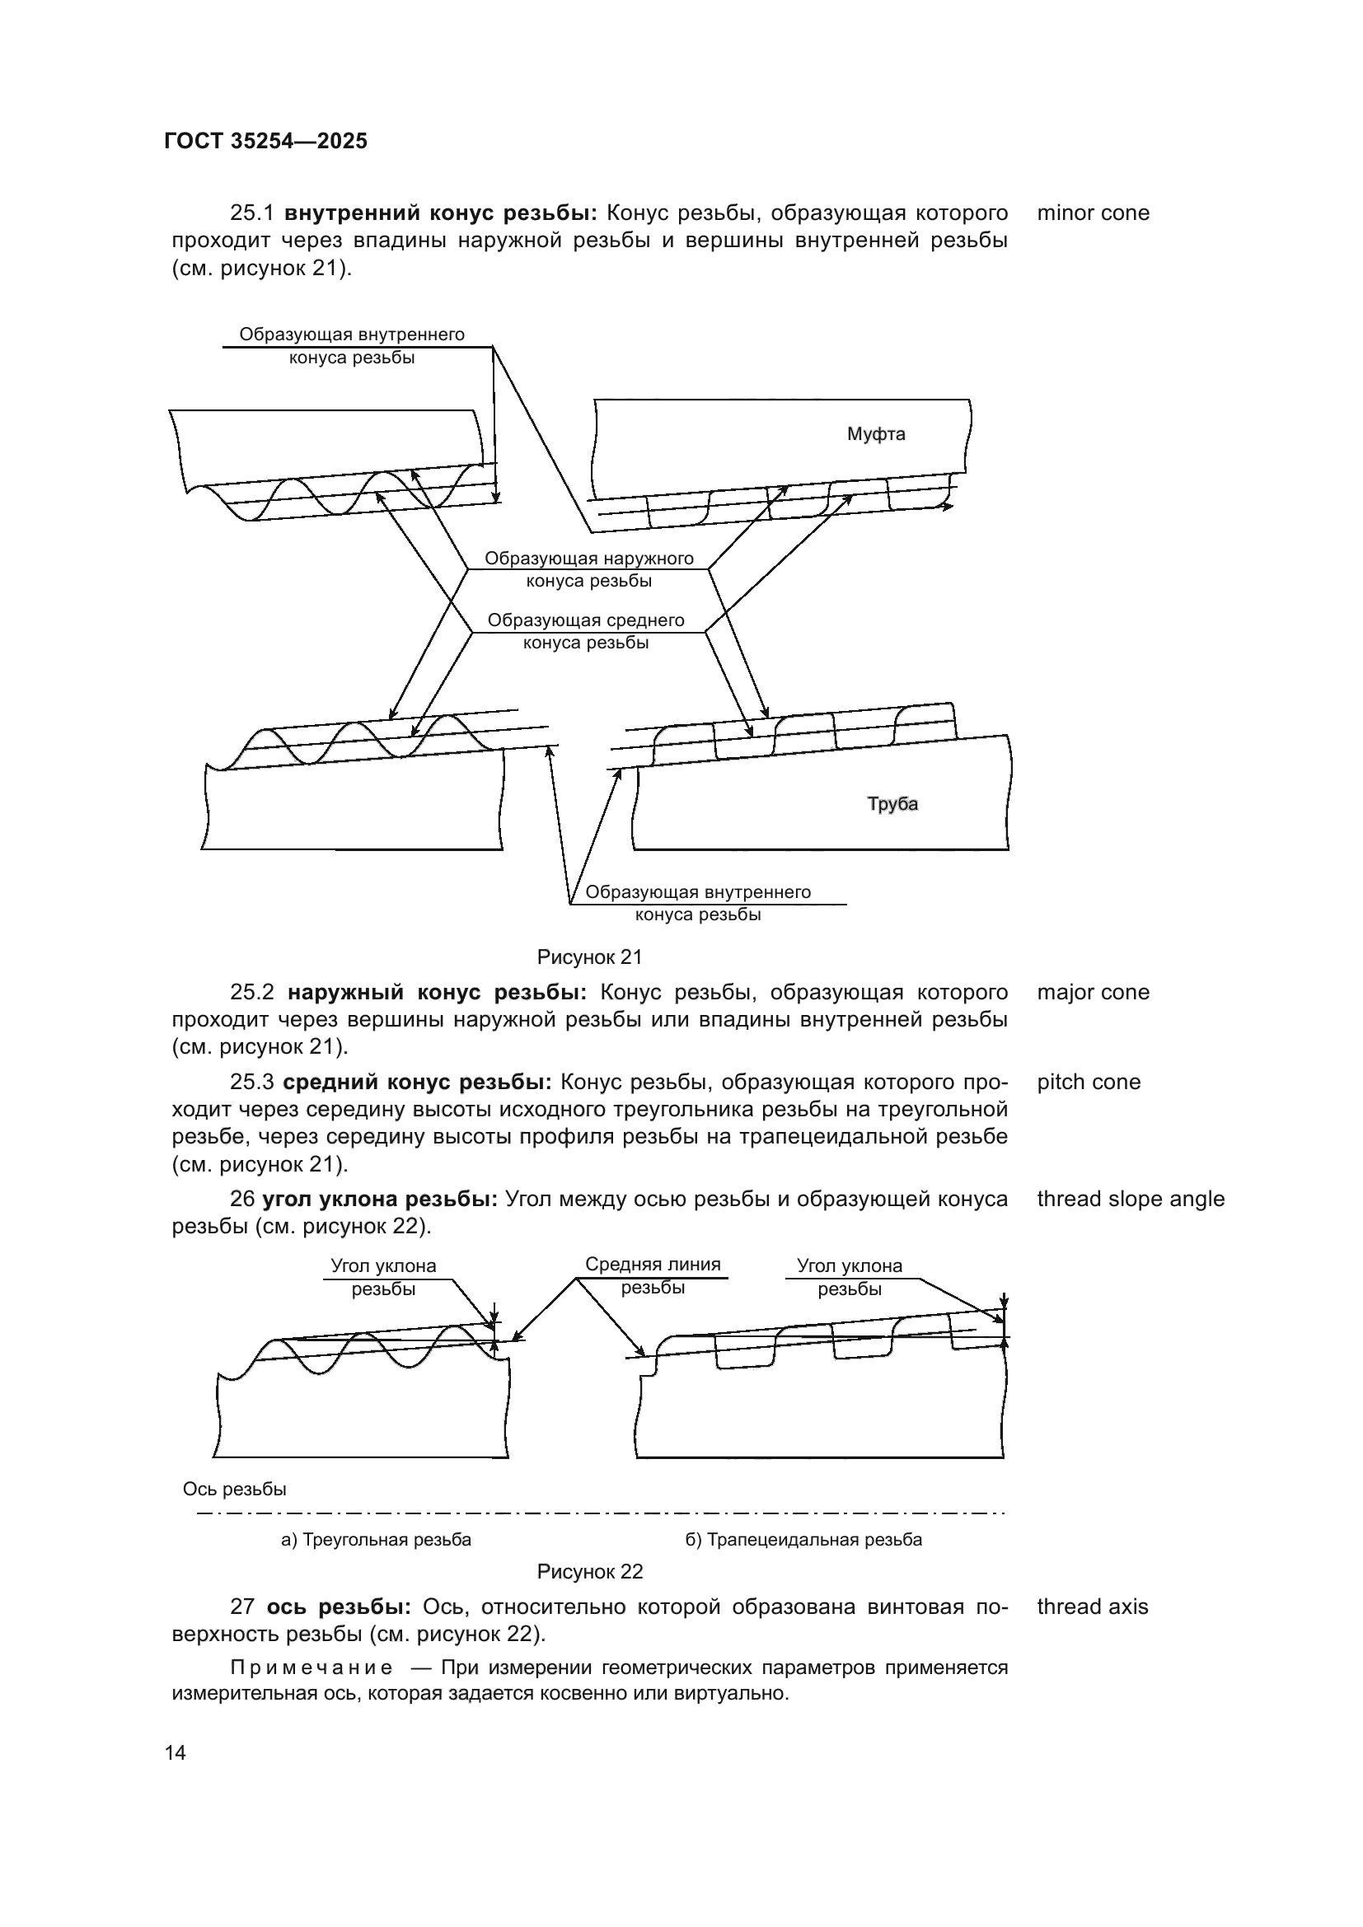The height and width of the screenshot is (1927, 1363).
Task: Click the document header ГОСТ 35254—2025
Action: (266, 142)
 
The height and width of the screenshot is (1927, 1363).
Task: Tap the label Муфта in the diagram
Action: (875, 434)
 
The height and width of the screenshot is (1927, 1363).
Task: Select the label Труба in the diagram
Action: (892, 804)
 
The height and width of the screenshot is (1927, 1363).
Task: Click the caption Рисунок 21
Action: (589, 956)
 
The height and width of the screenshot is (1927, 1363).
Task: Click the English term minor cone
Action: (1093, 213)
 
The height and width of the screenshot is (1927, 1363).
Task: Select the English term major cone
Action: (1093, 992)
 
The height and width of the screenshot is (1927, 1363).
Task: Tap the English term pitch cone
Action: (1089, 1082)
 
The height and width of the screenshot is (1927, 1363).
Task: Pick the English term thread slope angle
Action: (1131, 1199)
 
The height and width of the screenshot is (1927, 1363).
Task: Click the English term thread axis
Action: (1092, 1607)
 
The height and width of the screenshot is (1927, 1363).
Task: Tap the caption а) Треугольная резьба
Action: (376, 1539)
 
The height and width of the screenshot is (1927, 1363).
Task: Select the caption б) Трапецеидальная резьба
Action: (803, 1539)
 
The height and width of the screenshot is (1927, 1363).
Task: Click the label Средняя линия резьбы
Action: (653, 1275)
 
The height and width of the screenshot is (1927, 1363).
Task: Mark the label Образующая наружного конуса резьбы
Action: (588, 569)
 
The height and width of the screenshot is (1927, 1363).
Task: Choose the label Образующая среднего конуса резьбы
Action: (586, 631)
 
